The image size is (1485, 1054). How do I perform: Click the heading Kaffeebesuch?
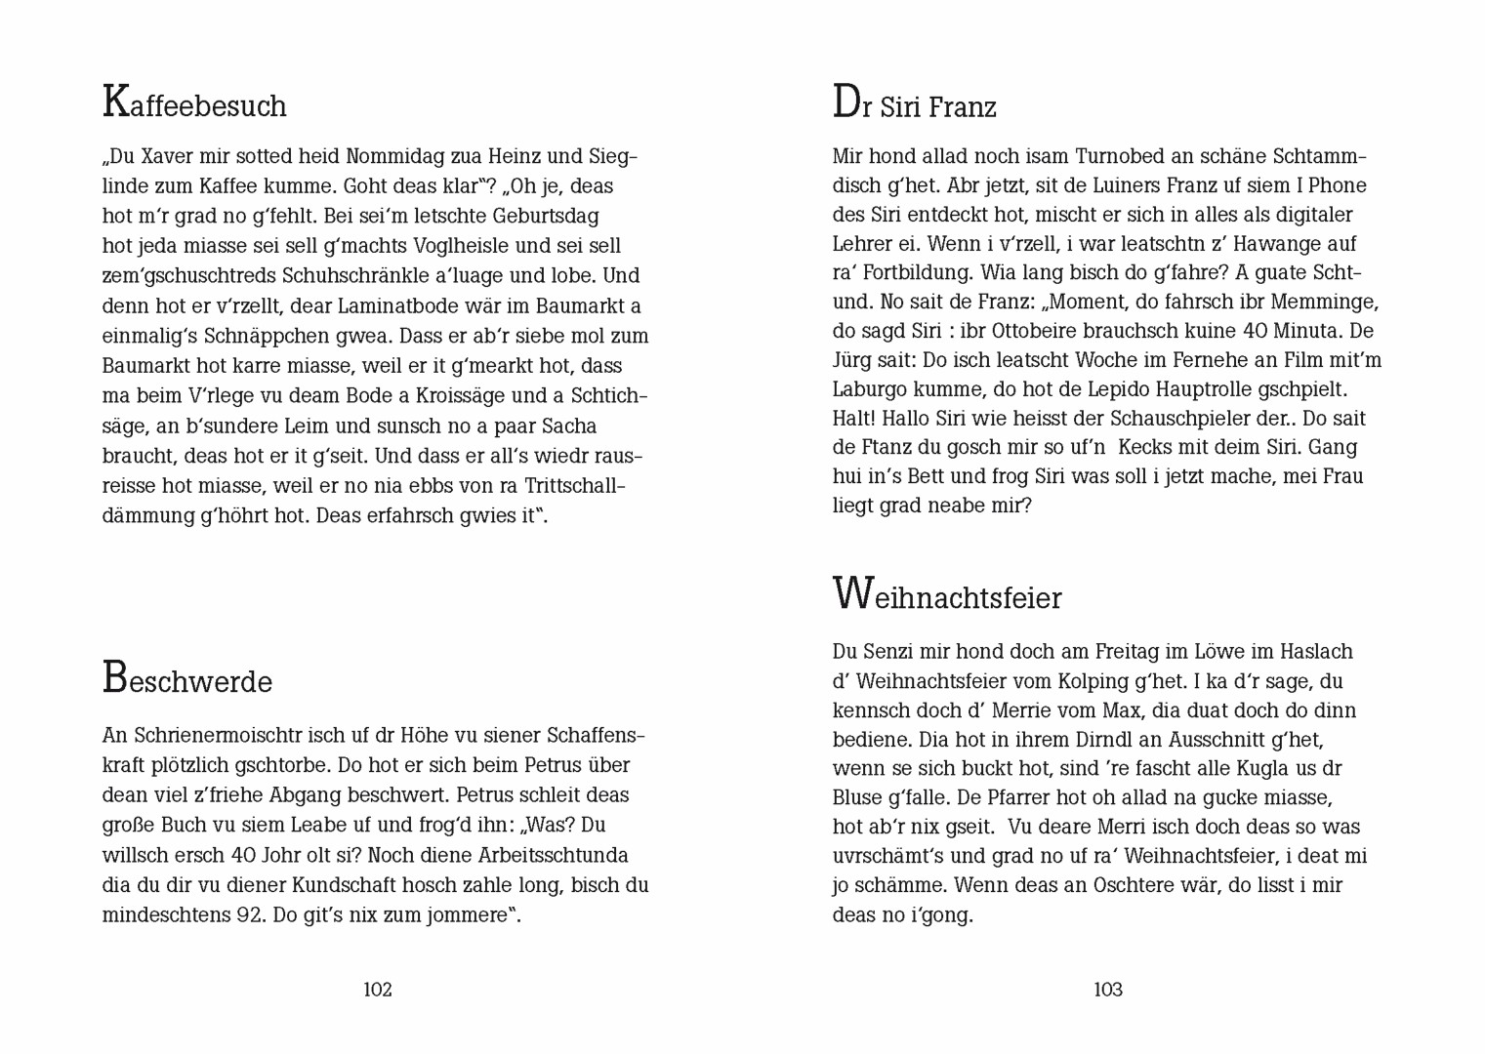194,104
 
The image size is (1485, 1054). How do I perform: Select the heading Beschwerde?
186,679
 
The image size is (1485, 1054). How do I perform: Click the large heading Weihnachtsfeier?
946,595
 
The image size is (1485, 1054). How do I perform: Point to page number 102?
378,990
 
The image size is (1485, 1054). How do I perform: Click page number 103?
1108,990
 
